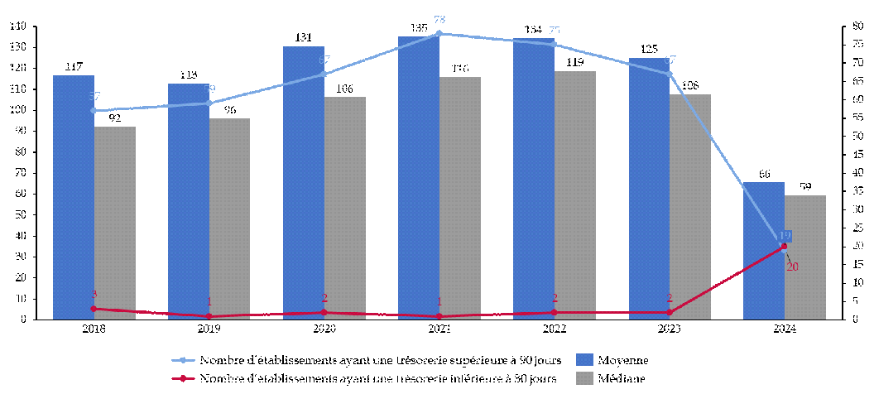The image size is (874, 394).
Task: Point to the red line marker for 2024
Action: pyautogui.click(x=785, y=246)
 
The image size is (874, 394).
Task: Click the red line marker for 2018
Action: pyautogui.click(x=94, y=309)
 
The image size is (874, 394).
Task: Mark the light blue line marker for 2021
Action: pyautogui.click(x=439, y=34)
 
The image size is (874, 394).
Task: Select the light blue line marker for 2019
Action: pyautogui.click(x=209, y=103)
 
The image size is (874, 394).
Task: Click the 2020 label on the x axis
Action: pyautogui.click(x=324, y=329)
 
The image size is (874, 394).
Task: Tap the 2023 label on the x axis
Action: pyautogui.click(x=670, y=329)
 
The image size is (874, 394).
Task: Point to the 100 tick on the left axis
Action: pyautogui.click(x=18, y=110)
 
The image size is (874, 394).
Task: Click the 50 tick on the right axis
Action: pyautogui.click(x=848, y=137)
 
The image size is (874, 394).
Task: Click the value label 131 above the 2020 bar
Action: pyautogui.click(x=304, y=37)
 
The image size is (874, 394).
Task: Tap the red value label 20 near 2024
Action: pyautogui.click(x=792, y=267)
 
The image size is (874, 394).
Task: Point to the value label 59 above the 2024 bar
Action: pyautogui.click(x=805, y=186)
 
